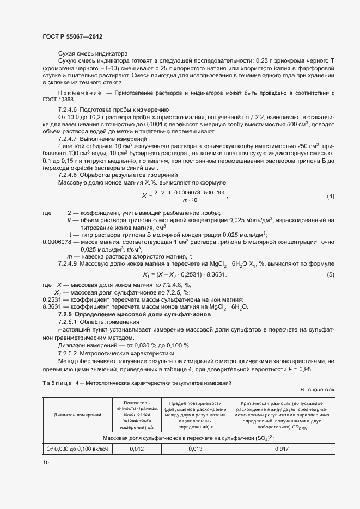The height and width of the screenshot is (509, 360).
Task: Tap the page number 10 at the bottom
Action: point(46,462)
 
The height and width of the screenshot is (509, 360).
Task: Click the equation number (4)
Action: point(330,196)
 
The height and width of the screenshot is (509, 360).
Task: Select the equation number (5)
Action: point(330,274)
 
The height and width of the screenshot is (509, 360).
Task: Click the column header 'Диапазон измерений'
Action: point(77,415)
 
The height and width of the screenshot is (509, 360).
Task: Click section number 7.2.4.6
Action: point(68,109)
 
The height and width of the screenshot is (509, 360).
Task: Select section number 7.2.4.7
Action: point(68,140)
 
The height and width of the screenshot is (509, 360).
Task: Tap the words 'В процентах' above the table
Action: point(318,390)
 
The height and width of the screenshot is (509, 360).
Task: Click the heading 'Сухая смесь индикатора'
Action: point(93,53)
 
